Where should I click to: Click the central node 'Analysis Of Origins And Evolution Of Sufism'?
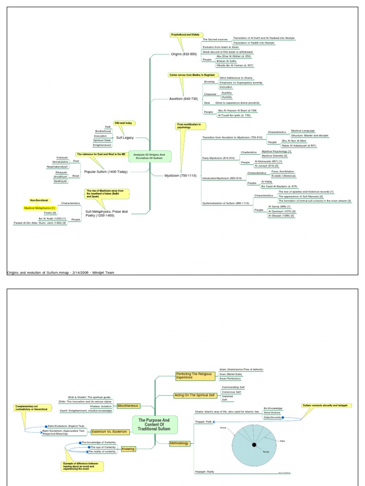[x=150, y=156]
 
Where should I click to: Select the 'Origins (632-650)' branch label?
[x=183, y=54]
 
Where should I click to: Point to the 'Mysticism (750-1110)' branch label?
[x=180, y=175]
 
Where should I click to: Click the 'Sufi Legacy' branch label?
[x=125, y=138]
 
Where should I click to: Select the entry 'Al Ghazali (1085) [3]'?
[x=281, y=216]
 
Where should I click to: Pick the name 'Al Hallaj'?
[x=266, y=181]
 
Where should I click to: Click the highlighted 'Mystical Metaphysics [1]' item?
[x=40, y=208]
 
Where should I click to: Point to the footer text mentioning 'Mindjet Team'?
[x=60, y=272]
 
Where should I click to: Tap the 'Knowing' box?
[x=128, y=449]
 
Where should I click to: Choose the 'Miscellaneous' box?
[x=129, y=406]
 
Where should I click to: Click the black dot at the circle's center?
[x=254, y=444]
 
